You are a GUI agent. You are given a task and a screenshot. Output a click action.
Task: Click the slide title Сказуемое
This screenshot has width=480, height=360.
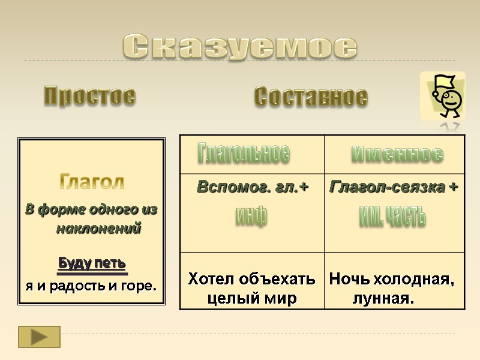tap(240, 46)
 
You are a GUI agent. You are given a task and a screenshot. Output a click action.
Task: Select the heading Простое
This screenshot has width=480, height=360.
tap(90, 96)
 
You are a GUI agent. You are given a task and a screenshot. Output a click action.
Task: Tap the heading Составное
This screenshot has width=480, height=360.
tap(311, 97)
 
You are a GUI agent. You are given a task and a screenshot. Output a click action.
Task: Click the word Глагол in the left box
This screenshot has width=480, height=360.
tap(92, 181)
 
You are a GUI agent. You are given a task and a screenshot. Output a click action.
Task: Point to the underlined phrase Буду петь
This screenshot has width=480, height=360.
tap(92, 263)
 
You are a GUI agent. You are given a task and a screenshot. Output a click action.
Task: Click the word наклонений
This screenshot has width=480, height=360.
tap(98, 229)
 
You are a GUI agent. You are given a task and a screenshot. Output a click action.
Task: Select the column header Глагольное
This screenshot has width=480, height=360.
tap(244, 154)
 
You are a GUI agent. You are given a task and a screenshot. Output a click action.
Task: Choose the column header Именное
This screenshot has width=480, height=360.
tap(397, 154)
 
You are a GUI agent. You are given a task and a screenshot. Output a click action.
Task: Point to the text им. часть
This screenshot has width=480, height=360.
tap(393, 215)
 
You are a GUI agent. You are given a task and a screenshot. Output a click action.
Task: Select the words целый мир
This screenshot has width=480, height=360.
tap(252, 298)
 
